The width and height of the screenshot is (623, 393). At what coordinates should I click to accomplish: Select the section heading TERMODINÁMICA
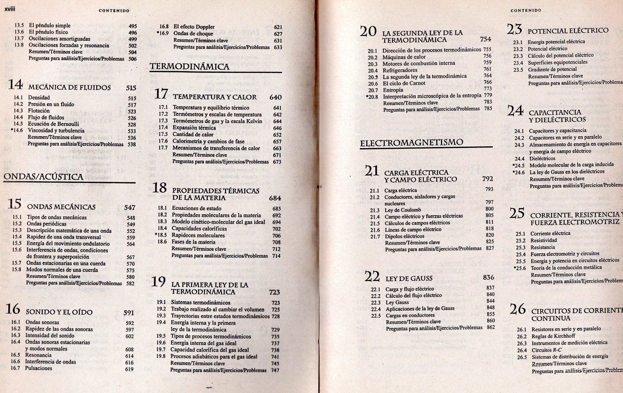pos(190,67)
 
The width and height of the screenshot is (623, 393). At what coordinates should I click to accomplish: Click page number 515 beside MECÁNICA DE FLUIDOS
pos(131,88)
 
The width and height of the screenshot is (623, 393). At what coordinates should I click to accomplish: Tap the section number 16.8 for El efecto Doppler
pos(164,27)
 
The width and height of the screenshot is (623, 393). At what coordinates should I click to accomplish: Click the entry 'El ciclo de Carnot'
pos(404,83)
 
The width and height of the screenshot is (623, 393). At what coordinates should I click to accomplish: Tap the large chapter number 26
pos(518,309)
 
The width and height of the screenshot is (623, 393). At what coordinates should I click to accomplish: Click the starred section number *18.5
pos(161,235)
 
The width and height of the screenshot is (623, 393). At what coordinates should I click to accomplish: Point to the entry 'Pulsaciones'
pos(38,368)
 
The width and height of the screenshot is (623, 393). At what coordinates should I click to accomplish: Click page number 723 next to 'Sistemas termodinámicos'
pos(276,303)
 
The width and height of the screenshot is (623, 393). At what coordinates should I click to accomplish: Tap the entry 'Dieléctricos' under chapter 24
pos(542,158)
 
